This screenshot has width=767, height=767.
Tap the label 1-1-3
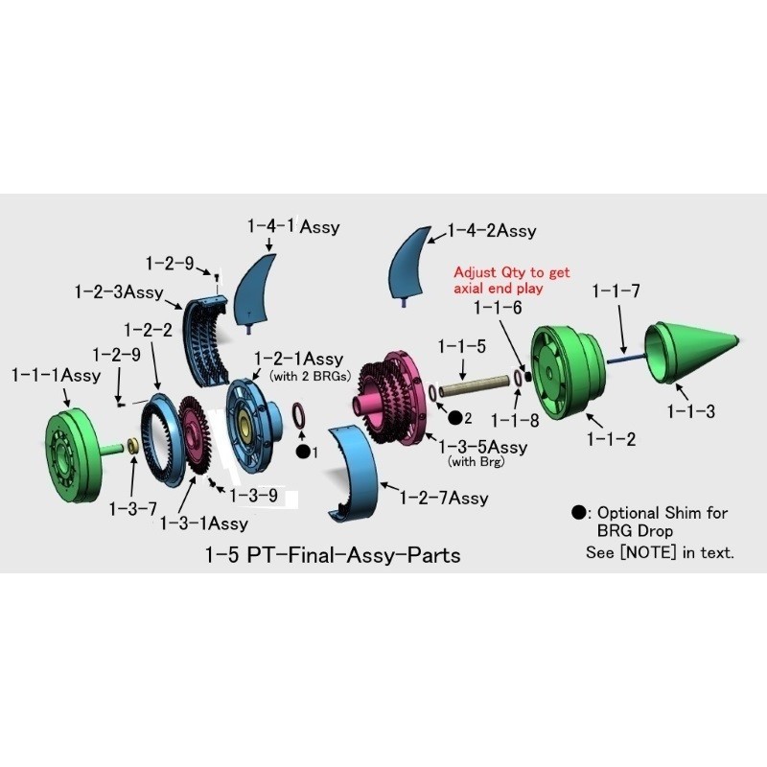point(690,412)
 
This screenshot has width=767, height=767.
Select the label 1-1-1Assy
point(56,376)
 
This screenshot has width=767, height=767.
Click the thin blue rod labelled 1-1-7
point(626,359)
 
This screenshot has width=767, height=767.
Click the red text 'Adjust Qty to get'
point(512,272)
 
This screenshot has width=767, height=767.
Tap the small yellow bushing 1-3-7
point(132,446)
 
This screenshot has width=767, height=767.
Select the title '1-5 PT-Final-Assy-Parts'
point(333,555)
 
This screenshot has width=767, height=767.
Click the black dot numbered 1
point(303,452)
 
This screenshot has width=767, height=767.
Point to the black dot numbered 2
point(455,418)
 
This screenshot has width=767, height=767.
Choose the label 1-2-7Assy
point(444,498)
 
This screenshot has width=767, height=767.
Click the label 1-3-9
point(253,496)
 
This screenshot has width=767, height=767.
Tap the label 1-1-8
point(515,420)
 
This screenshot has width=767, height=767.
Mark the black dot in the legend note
point(579,513)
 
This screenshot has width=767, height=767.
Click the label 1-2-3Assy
point(119,292)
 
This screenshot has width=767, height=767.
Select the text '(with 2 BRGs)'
point(310,377)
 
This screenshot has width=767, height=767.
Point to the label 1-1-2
point(611,439)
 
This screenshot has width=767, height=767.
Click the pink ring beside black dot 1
point(299,415)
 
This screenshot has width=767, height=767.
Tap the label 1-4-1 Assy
point(293,226)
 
